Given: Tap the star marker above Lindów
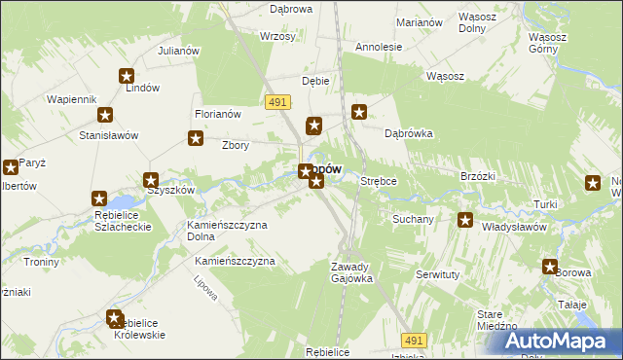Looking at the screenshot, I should coord(127,76).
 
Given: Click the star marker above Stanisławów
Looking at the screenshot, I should coord(104,115).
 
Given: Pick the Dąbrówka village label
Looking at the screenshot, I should coord(408,133).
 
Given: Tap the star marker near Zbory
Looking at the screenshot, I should coord(195,139).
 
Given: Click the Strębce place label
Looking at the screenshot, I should coord(379,181).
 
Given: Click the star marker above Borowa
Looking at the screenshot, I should coord(550,267).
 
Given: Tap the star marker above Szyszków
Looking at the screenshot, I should coord(151,179).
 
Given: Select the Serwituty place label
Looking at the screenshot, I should coord(438,275).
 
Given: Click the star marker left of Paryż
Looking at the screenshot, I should coord(10,166).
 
